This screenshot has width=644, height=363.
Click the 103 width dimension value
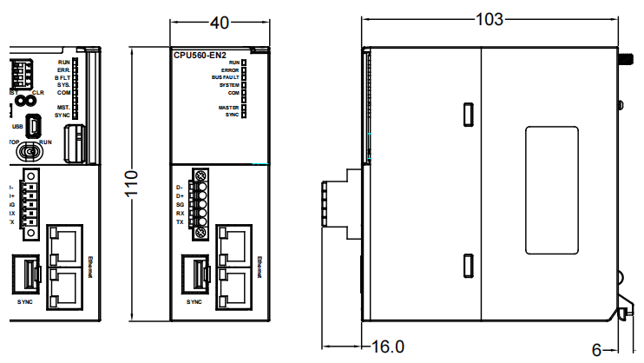492,17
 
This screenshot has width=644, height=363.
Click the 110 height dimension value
131,183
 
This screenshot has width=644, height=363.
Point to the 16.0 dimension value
388,346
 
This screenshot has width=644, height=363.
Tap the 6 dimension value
596,349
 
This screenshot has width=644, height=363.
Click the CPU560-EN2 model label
200,55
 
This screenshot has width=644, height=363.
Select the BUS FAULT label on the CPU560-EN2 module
225,77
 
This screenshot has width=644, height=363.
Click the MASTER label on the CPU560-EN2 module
228,108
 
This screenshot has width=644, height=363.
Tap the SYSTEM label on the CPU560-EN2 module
228,85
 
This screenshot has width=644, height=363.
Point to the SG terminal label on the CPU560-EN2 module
180,204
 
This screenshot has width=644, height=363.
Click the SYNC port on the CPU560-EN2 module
195,272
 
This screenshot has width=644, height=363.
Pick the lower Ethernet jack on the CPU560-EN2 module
233,283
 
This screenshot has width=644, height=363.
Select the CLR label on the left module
37,91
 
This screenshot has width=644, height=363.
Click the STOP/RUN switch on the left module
30,153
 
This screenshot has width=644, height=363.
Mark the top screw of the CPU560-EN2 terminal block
201,176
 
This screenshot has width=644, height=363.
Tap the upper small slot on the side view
467,114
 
